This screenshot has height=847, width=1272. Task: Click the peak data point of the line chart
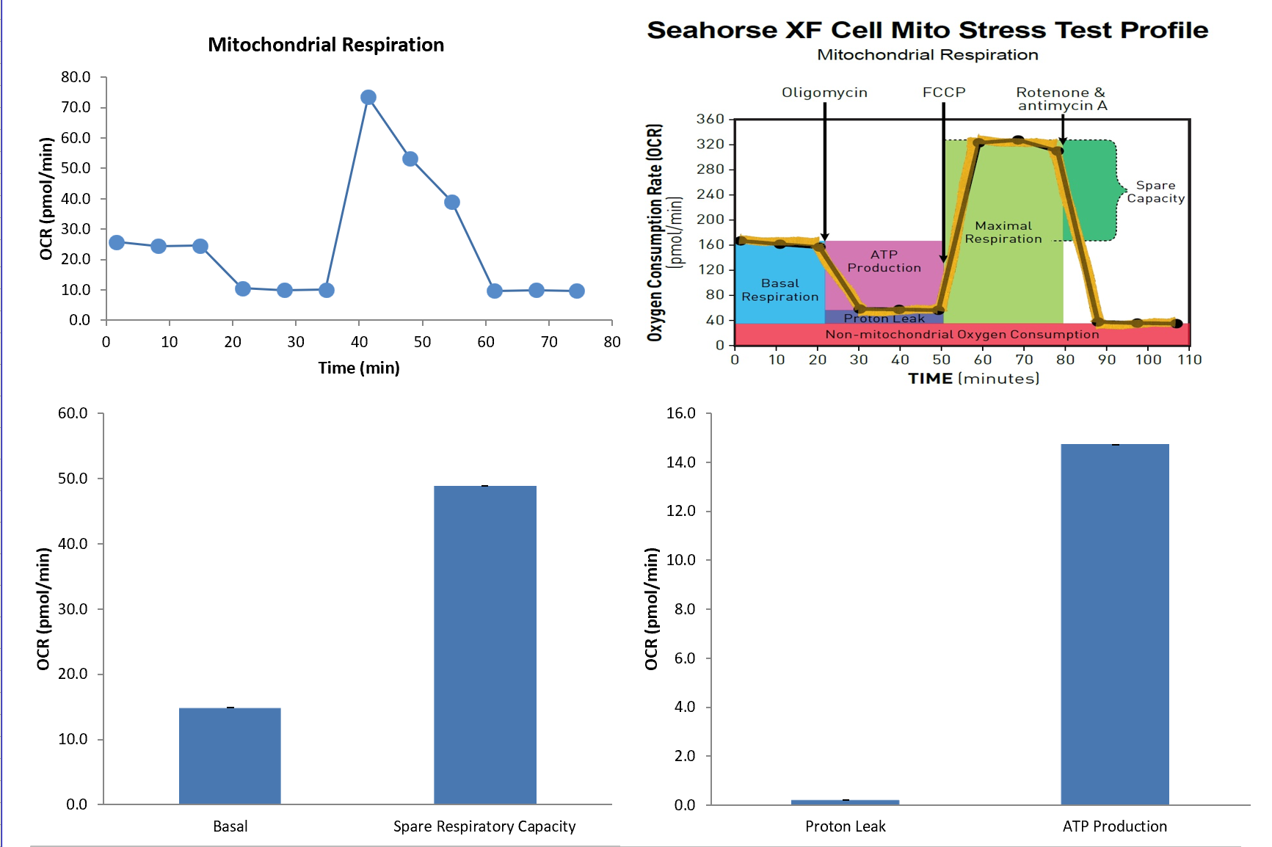(x=368, y=98)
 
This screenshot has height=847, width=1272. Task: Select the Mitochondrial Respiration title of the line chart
(x=326, y=45)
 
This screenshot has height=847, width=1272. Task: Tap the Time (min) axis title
(x=359, y=368)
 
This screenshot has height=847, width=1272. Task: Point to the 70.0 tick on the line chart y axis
(x=76, y=107)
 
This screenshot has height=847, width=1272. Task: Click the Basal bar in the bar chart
(x=230, y=756)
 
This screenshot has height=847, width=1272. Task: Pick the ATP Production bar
(x=1114, y=624)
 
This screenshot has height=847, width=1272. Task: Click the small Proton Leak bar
(x=845, y=801)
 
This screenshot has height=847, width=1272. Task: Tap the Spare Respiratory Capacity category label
(x=484, y=826)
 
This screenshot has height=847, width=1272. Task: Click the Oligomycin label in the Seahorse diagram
(x=824, y=92)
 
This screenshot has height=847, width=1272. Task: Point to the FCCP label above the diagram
(x=944, y=92)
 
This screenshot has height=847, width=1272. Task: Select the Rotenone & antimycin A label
(x=1061, y=99)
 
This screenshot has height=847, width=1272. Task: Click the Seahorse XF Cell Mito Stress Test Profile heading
(x=927, y=30)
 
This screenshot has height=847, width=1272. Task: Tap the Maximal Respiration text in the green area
(x=1003, y=232)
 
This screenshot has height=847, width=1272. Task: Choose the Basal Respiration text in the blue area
(x=779, y=290)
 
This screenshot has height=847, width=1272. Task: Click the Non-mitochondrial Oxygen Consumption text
(x=962, y=335)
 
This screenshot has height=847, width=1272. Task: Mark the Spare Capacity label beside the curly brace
(x=1155, y=192)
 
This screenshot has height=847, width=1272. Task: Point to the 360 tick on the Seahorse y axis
(x=710, y=119)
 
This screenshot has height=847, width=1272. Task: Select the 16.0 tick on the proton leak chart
(x=680, y=413)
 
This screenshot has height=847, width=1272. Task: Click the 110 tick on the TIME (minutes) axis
(x=1189, y=360)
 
